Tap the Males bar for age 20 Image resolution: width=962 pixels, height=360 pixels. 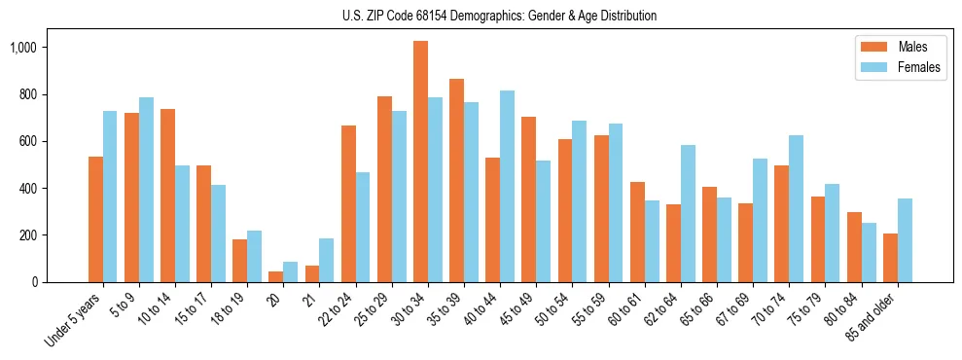(276, 276)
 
